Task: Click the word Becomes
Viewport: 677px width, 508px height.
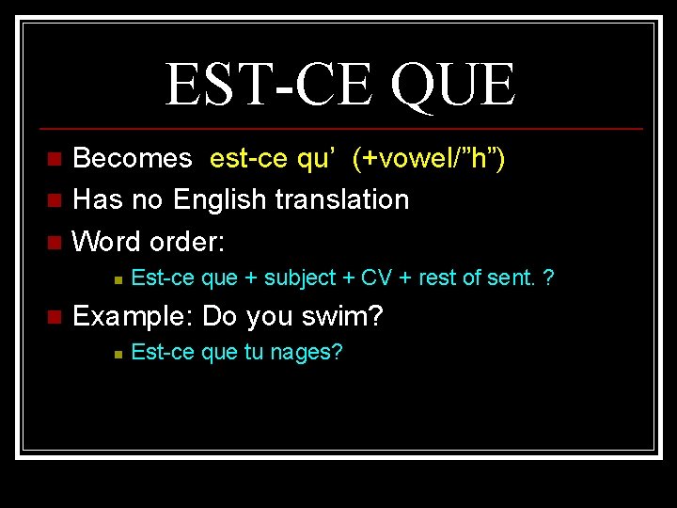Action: click(x=132, y=158)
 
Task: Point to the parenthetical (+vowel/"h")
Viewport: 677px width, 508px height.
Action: click(x=429, y=158)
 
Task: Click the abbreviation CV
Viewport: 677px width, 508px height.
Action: click(x=377, y=278)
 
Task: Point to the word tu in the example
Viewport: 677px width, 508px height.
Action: click(x=265, y=353)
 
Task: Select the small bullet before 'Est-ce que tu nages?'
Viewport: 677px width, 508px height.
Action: click(x=115, y=354)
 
